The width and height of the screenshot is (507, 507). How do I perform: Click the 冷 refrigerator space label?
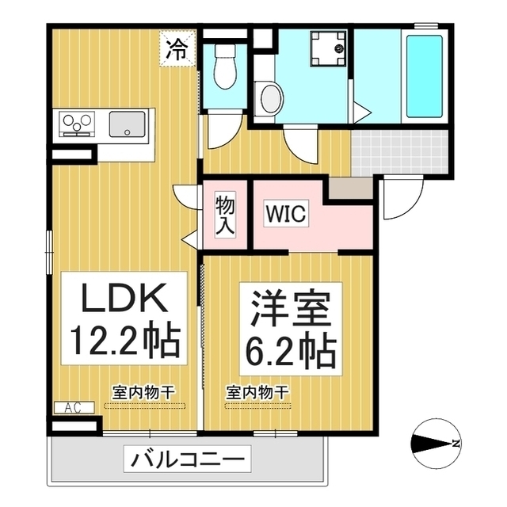pos(177,50)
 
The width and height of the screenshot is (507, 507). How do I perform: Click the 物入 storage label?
pos(224,214)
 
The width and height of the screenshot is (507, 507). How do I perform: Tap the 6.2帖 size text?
pos(289,348)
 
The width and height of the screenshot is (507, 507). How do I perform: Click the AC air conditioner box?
pos(74,407)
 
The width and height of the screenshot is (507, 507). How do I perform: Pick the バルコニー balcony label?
pos(186,459)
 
